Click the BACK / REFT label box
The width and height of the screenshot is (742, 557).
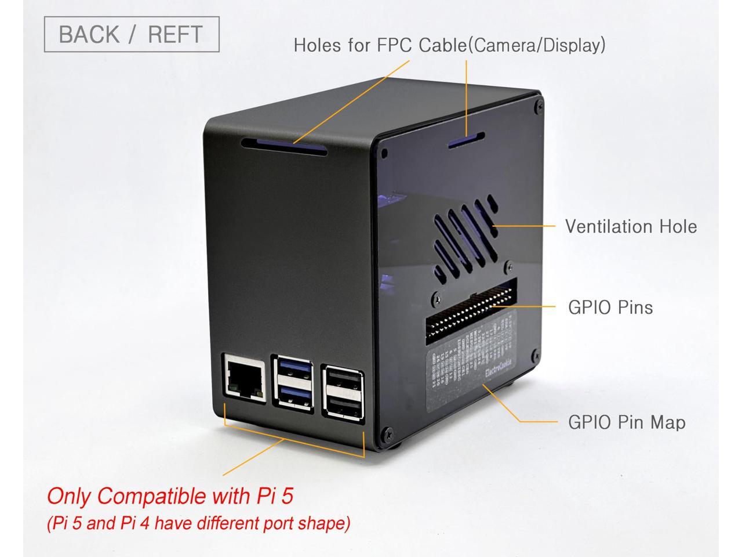tap(132, 34)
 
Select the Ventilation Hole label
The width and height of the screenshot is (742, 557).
tap(631, 226)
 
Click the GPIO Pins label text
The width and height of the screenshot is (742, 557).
tap(610, 306)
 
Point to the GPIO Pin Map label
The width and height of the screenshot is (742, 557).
tap(626, 422)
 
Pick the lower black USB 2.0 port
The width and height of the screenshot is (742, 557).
tap(343, 406)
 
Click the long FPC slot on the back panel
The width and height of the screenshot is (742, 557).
tap(285, 146)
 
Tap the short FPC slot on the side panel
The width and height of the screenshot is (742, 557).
tap(466, 140)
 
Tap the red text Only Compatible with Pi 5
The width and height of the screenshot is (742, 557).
tap(170, 496)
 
